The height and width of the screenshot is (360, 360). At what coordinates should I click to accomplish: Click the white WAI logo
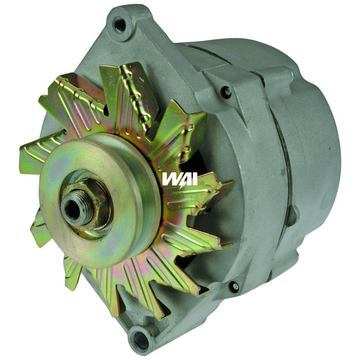pos(179,178)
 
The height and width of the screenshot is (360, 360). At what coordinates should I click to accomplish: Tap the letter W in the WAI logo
pos(170,178)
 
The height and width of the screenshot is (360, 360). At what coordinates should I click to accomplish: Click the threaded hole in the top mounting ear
pos(119,24)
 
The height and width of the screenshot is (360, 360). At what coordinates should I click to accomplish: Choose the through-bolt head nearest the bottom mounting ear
pos(234,286)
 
